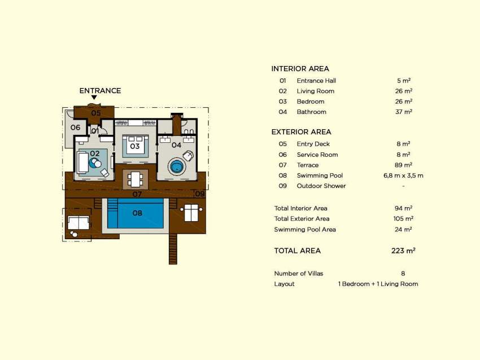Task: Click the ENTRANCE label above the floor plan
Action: [x=100, y=91]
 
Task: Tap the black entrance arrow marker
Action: [x=94, y=98]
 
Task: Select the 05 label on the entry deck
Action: [x=96, y=113]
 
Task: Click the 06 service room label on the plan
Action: [x=75, y=127]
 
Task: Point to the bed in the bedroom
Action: [x=136, y=146]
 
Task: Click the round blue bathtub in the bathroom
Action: [x=177, y=166]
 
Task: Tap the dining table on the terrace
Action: [x=136, y=179]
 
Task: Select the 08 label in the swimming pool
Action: [x=137, y=213]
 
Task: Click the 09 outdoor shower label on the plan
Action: [x=200, y=194]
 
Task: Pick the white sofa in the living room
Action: [x=82, y=163]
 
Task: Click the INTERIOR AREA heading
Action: [x=300, y=69]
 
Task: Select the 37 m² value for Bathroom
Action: [x=403, y=112]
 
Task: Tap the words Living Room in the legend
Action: [x=315, y=91]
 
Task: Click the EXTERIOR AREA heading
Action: [x=301, y=132]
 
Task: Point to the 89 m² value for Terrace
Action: [x=403, y=165]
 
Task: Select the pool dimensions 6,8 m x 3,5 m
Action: [x=403, y=175]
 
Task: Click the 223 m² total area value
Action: [x=403, y=251]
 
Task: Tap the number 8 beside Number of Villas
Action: [x=403, y=274]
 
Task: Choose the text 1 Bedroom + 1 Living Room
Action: [x=378, y=284]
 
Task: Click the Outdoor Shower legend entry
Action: [x=321, y=186]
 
